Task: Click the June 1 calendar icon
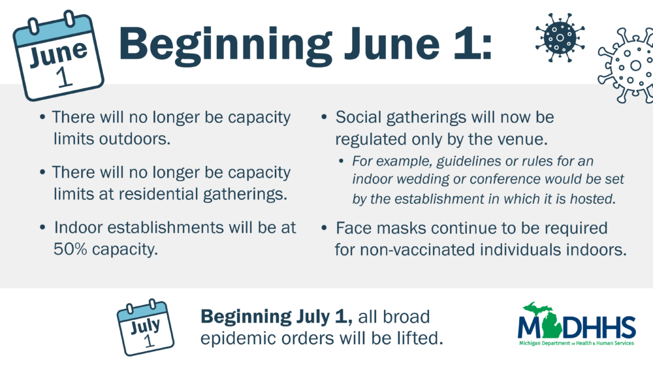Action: tap(58, 56)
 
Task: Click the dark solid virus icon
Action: tap(560, 37)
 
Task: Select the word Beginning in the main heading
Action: tap(225, 45)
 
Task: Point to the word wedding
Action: tap(422, 179)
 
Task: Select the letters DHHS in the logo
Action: tap(599, 327)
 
